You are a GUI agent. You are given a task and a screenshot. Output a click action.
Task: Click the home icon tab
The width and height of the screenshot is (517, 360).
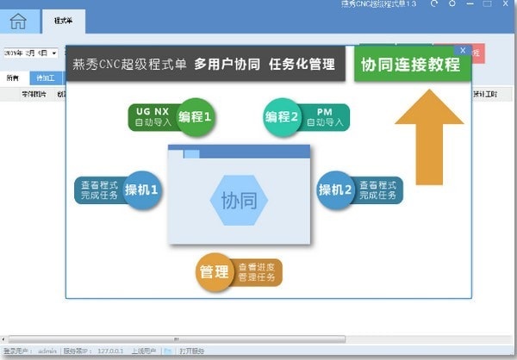point(18,22)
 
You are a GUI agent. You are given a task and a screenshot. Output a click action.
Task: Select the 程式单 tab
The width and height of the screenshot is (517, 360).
point(62,19)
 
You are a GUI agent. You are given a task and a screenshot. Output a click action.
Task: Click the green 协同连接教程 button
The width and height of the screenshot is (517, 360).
point(410,65)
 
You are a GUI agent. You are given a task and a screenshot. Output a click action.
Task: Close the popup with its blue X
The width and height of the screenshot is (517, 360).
point(464,50)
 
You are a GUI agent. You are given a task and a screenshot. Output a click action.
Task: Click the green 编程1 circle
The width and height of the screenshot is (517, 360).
point(195,116)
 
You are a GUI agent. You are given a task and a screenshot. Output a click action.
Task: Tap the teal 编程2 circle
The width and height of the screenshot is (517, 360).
point(282,116)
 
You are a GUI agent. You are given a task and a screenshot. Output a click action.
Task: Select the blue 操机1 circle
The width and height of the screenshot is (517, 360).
point(141,189)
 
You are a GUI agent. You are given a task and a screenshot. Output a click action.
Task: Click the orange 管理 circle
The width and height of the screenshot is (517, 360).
point(214,272)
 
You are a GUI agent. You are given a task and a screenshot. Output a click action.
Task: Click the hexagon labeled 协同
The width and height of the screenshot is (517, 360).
point(239,201)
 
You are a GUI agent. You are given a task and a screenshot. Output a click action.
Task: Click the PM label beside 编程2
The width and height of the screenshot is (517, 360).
point(325,111)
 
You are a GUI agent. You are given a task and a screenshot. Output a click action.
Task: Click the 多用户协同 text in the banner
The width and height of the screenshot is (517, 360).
point(227,64)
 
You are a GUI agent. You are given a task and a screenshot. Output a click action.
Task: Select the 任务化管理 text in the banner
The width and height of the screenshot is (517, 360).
point(301,64)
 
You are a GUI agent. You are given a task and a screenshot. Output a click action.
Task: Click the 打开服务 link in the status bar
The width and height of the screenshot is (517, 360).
point(191,351)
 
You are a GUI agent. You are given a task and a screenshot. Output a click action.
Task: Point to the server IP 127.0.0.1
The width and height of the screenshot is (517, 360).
point(109,351)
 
